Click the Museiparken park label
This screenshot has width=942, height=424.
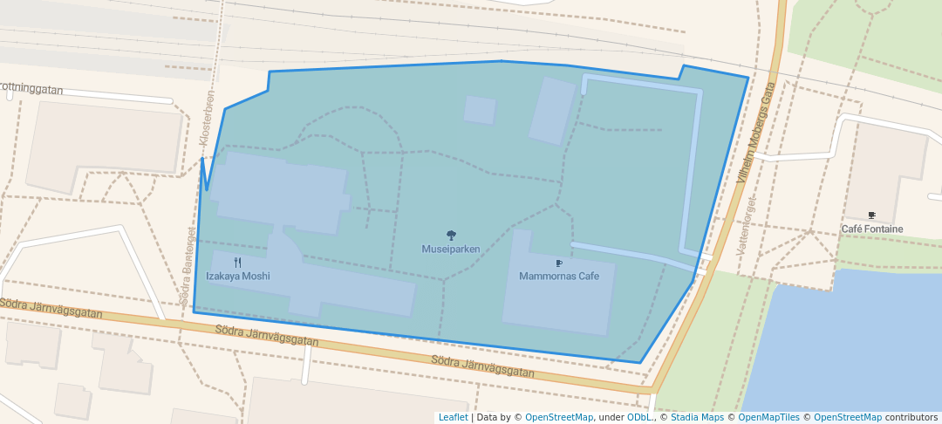[x=451, y=250]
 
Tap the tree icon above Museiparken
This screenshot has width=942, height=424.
[x=451, y=235]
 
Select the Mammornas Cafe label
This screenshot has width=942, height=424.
[x=559, y=277]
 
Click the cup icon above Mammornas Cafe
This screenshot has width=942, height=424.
[x=559, y=263]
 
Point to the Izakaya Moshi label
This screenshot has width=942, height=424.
[x=237, y=277]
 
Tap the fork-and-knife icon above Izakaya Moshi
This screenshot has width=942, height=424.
[x=237, y=262]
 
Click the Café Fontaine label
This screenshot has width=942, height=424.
[x=871, y=229]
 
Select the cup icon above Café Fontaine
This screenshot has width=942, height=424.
[x=871, y=215]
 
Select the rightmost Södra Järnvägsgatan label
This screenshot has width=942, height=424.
[x=482, y=366]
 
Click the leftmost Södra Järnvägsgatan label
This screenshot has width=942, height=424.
[x=51, y=308]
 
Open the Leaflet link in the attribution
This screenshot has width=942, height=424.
[x=453, y=418]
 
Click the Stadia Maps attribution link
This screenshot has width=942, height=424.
[x=698, y=418]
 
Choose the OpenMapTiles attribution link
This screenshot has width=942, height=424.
[x=768, y=418]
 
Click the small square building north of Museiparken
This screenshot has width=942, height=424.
[x=480, y=110]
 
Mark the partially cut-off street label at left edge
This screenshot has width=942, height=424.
[x=31, y=89]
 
